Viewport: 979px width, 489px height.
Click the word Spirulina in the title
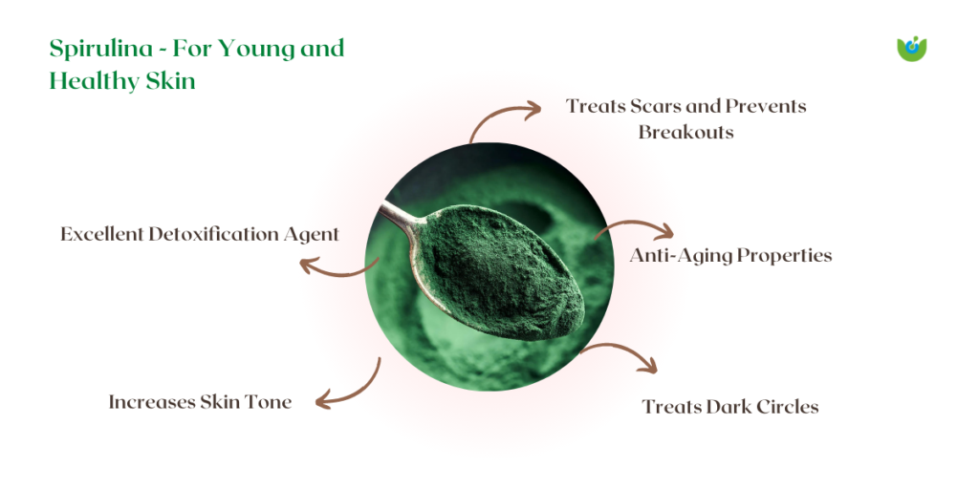click(100, 50)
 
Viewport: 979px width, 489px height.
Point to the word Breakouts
click(685, 133)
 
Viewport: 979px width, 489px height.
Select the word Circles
click(787, 407)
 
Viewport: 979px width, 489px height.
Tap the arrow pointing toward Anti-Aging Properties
click(635, 225)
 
